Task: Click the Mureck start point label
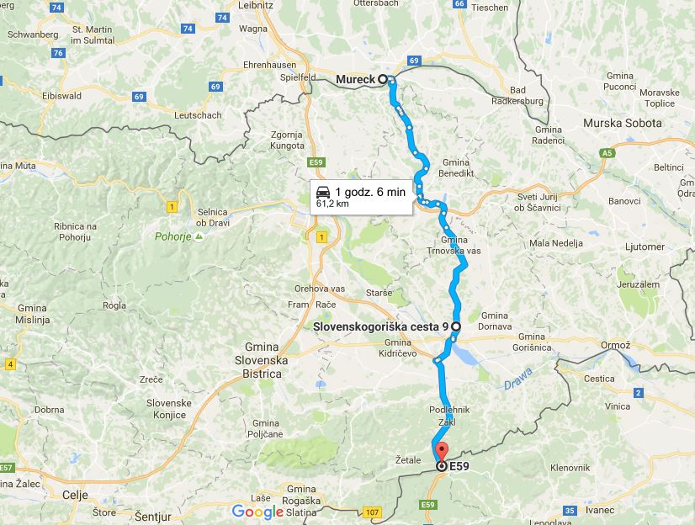coord(355,80)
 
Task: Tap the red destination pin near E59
coord(443,453)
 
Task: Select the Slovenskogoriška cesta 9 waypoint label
coord(379,326)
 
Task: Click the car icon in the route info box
coord(322,191)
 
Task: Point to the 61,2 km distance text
coord(332,203)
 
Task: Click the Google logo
coord(257,512)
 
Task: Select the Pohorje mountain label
coord(173,236)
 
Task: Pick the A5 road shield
coord(607,153)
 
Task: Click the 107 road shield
coord(374,512)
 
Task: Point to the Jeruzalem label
coord(637,284)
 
